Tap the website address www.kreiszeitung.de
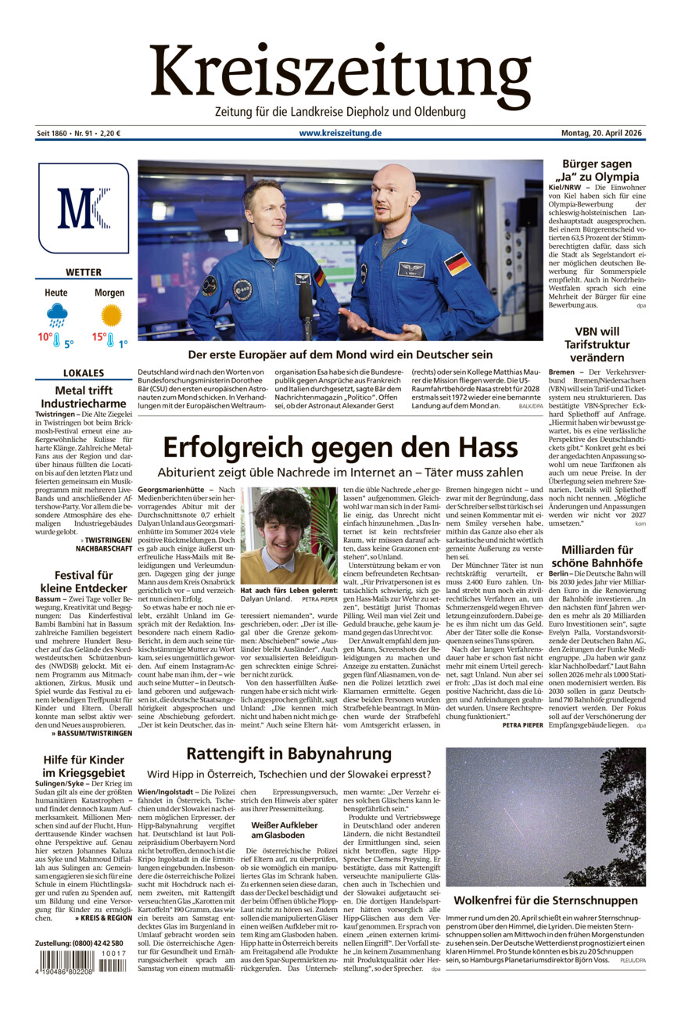[x=340, y=133]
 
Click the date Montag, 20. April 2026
[x=603, y=133]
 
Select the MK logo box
[x=83, y=208]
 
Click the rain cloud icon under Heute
[x=56, y=315]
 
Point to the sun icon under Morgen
[x=111, y=314]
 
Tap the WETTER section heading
[x=83, y=272]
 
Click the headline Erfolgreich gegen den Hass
[x=340, y=447]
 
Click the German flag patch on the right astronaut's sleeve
[x=457, y=263]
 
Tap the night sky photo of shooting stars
[x=545, y=817]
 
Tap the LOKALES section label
[x=83, y=373]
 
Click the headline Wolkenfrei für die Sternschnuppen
[x=545, y=900]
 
